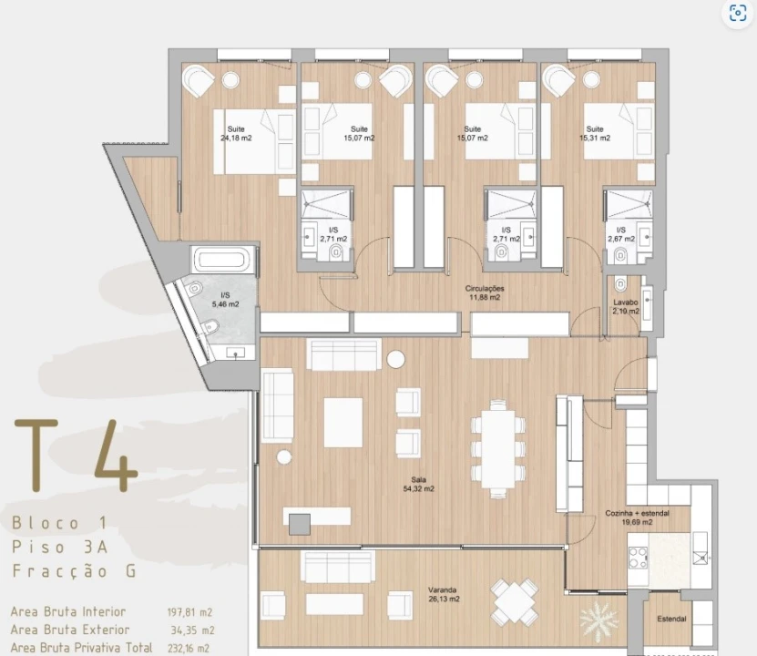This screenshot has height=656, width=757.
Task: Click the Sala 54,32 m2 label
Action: [x=418, y=484]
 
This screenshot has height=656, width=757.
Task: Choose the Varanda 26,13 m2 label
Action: [x=444, y=594]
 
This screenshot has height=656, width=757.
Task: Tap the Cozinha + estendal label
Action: [x=638, y=513]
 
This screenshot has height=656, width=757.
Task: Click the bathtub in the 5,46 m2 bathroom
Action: [x=222, y=260]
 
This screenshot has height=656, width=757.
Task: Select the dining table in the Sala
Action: [x=498, y=448]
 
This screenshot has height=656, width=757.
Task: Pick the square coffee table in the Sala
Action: [x=343, y=423]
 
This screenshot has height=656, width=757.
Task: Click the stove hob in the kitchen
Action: [x=639, y=558]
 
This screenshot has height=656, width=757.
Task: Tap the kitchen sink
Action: [x=701, y=558]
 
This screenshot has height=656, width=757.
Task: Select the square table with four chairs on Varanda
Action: [x=515, y=602]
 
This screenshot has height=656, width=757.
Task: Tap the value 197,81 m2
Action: [x=189, y=612]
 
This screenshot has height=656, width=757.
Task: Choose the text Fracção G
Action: [x=75, y=571]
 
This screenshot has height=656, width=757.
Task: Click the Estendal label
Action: [x=671, y=619]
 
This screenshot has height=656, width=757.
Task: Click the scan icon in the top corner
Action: [x=738, y=13]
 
